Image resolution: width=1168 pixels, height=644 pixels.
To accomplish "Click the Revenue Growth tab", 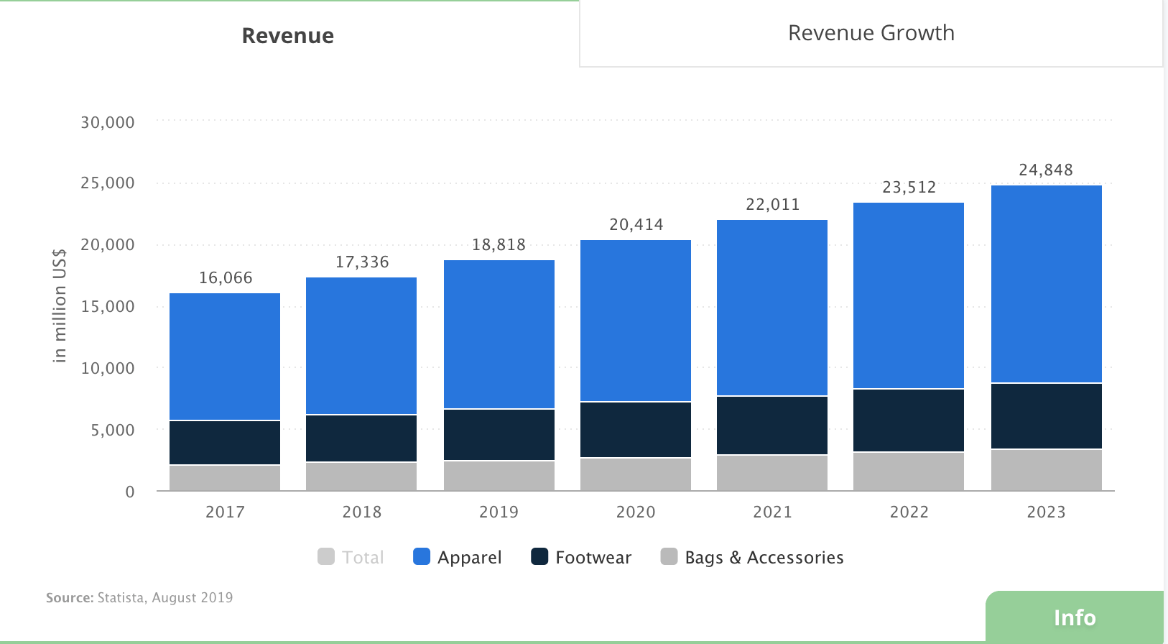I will coord(871,33).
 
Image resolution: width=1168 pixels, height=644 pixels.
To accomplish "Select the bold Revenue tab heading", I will coord(287,36).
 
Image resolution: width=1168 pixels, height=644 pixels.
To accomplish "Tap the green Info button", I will coord(1074,617).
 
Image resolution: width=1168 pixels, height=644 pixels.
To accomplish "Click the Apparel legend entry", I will coord(458,557).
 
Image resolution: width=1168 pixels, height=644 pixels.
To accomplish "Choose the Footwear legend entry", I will coord(581,557).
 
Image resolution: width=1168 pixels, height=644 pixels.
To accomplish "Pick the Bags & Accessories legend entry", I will coord(752,557).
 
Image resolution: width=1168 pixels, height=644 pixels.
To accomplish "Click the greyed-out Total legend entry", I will coord(351,557).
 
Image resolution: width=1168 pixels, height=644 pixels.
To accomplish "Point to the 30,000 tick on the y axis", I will coord(108,122).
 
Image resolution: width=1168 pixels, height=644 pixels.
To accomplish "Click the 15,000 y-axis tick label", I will coord(108,306).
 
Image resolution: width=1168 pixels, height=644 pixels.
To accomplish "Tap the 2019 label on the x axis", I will coord(499,512).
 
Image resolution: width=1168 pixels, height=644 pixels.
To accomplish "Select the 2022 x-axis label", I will coord(909,512).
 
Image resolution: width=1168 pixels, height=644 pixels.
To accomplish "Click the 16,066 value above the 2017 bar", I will coord(226,278).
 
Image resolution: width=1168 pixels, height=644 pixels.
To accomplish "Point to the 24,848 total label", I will coord(1046,170).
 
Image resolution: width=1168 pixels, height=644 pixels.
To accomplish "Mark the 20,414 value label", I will coord(636,225).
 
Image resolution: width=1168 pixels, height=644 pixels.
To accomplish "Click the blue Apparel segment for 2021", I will coord(772,308).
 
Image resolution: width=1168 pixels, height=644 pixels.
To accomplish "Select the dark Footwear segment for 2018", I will coord(361,438).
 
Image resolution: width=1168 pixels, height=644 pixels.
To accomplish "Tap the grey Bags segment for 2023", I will coord(1046,470).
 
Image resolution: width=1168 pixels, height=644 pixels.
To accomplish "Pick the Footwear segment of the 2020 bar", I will coord(636,429).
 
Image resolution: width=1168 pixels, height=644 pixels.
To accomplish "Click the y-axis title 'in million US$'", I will coord(60,305).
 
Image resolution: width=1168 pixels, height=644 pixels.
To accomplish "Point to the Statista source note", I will coord(139,597).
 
